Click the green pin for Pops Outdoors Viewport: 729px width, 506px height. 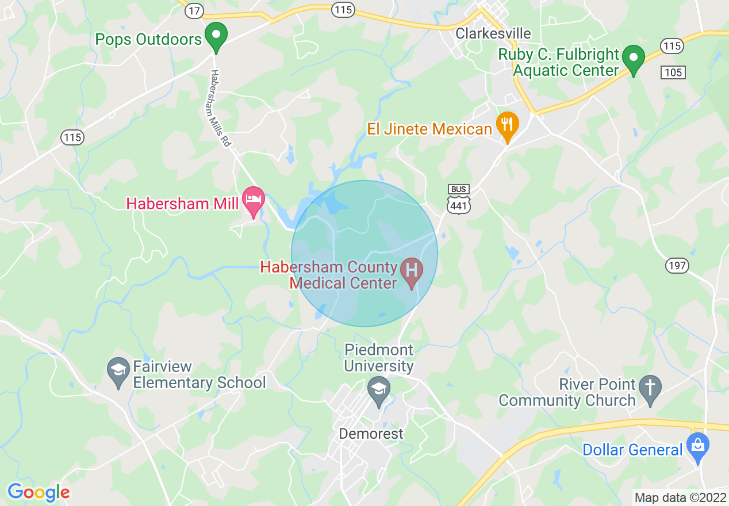click(x=216, y=36)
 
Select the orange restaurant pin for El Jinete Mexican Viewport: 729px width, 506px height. click(x=507, y=126)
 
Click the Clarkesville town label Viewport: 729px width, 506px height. click(x=493, y=33)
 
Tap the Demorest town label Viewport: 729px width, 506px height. click(x=371, y=434)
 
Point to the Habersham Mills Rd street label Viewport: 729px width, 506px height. click(x=220, y=108)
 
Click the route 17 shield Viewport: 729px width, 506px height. click(x=195, y=10)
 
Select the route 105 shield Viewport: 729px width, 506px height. click(x=673, y=72)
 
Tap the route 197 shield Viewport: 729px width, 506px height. click(x=677, y=265)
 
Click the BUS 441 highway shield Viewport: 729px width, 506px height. click(x=459, y=199)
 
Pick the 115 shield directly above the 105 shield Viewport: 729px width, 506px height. click(x=672, y=46)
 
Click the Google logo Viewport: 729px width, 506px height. click(x=39, y=492)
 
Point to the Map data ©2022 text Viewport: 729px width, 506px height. click(x=680, y=497)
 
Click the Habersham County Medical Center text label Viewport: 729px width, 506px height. click(x=330, y=275)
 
